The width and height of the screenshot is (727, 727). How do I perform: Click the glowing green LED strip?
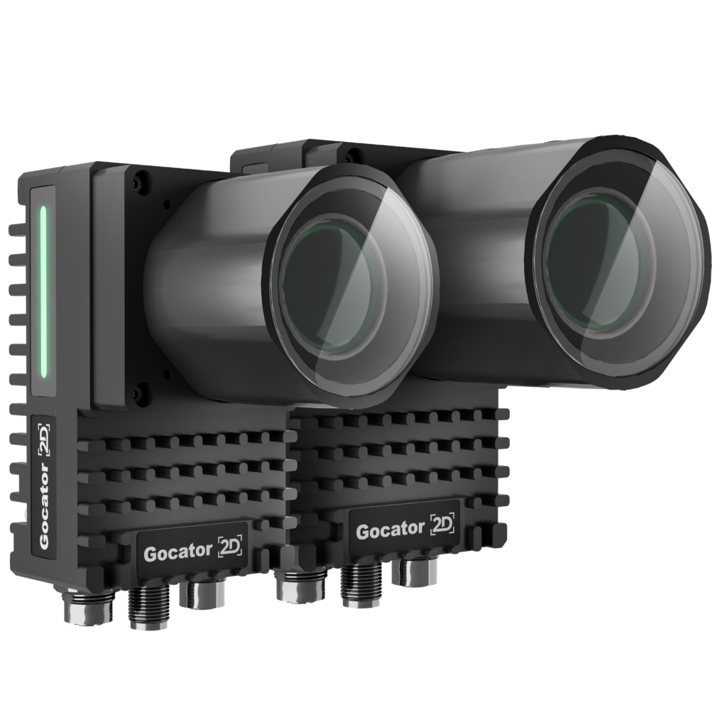tap(43, 292)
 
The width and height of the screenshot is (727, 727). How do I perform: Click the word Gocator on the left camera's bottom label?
tap(177, 552)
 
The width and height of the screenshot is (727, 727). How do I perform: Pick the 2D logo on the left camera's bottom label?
tap(231, 547)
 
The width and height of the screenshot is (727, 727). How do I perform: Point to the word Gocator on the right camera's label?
tap(390, 530)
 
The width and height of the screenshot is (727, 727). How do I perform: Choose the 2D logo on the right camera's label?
tap(442, 524)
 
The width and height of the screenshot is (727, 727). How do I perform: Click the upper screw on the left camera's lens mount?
tap(142, 178)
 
